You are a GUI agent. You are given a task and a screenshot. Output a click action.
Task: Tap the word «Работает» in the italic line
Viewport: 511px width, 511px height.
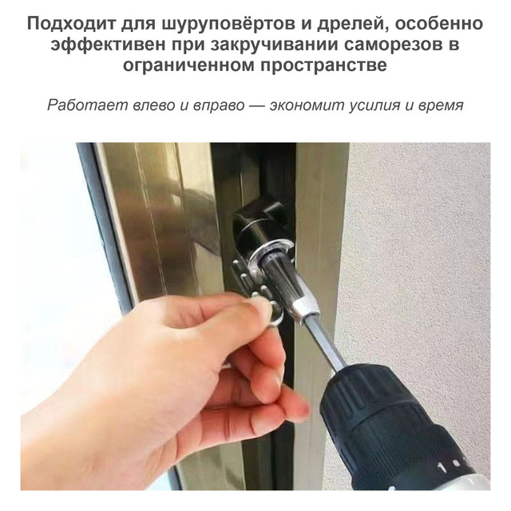(x=87, y=105)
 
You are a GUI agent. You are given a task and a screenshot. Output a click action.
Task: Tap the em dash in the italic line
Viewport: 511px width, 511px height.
(x=257, y=106)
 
